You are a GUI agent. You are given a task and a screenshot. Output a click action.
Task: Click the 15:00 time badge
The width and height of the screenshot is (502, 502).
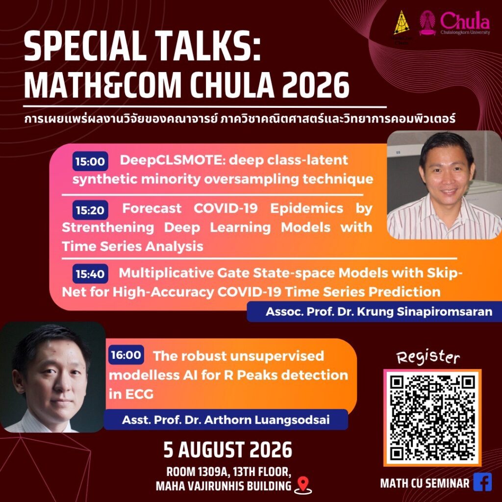click(90, 161)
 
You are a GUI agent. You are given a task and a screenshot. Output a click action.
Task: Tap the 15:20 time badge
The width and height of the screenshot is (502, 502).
click(90, 210)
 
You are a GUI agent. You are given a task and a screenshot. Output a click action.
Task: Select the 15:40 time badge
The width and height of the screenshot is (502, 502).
click(90, 274)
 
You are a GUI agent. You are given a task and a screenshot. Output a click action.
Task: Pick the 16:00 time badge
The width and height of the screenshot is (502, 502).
click(126, 355)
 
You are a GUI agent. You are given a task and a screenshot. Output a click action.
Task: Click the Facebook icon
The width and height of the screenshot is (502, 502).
click(482, 482)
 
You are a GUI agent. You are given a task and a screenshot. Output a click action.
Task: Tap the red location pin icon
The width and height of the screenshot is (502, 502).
click(302, 484)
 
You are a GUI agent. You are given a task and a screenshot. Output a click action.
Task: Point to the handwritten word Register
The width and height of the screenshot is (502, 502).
click(428, 357)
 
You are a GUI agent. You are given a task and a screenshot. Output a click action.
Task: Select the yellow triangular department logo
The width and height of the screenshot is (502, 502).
click(402, 23)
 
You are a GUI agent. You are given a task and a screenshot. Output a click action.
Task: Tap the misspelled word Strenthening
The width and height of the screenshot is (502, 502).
click(108, 227)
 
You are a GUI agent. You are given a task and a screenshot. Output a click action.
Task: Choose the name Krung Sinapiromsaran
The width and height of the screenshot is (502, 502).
click(425, 311)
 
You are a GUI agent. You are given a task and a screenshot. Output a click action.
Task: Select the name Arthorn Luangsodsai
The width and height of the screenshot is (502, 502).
click(267, 420)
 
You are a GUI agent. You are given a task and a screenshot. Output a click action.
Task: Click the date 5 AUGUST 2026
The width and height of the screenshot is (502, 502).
click(228, 450)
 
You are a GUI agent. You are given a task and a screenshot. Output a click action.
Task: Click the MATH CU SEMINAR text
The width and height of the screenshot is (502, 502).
click(425, 483)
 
